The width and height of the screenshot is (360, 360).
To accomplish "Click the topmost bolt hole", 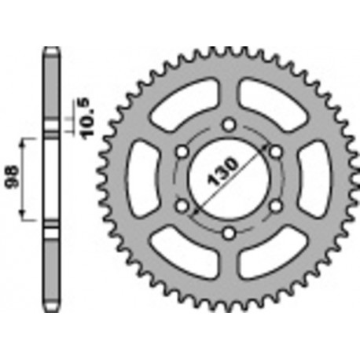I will click(228, 123).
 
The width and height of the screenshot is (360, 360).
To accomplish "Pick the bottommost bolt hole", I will click(228, 232).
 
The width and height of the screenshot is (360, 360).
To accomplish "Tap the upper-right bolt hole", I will click(275, 151).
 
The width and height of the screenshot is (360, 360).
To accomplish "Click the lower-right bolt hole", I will click(275, 205).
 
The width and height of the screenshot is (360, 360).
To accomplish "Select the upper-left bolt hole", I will click(182, 151).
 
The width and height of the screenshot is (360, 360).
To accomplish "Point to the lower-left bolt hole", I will click(182, 205).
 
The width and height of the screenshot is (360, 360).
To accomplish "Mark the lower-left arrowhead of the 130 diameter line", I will click(191, 213).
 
